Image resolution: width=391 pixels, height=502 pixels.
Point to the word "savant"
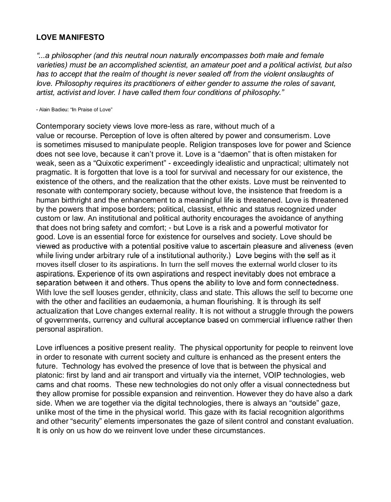324,83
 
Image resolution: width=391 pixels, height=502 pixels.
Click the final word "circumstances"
240,431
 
